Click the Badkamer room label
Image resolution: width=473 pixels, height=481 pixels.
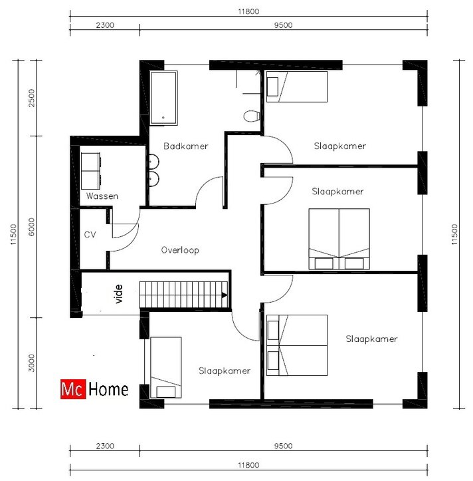tap(185, 146)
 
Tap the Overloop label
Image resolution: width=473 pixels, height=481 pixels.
tap(180, 250)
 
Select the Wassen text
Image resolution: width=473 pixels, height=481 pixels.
tap(102, 196)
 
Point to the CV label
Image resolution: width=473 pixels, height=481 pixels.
tap(90, 235)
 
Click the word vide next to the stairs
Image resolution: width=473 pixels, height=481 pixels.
tap(118, 294)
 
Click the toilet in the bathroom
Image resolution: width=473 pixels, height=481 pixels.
tap(252, 116)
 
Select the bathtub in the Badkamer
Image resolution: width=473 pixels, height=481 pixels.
tap(163, 98)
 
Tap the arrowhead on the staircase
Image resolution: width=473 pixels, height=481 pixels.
tap(225, 295)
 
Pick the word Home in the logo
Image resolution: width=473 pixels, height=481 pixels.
tap(108, 390)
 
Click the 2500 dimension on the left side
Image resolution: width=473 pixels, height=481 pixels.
tap(31, 98)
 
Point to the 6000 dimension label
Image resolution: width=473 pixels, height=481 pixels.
tap(31, 227)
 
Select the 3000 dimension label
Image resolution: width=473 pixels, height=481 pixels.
tap(31, 363)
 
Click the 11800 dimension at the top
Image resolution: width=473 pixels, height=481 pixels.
tap(248, 12)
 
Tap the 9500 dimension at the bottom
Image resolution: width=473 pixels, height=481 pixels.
tap(283, 446)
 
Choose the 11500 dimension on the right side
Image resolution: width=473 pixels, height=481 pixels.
tap(454, 234)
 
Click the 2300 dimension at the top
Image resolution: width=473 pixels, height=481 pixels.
tap(105, 25)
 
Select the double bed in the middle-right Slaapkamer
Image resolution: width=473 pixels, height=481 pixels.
tap(339, 239)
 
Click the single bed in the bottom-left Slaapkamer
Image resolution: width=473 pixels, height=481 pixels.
tap(165, 367)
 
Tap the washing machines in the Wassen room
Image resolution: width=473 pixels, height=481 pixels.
tap(91, 171)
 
